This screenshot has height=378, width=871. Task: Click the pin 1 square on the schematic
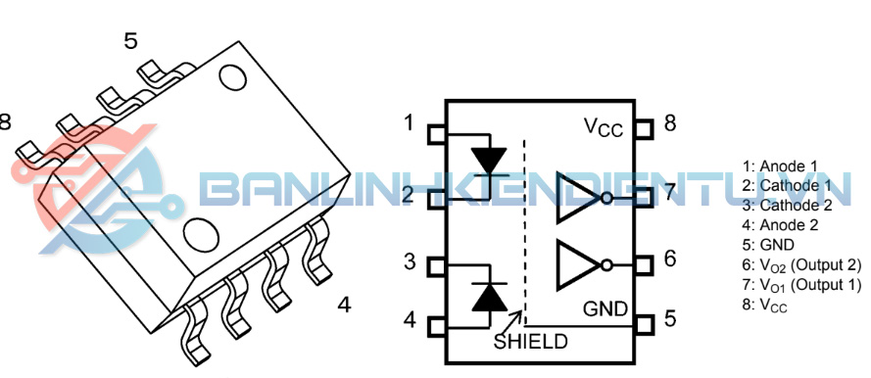pos(436,134)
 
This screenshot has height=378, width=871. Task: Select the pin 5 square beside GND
pos(644,324)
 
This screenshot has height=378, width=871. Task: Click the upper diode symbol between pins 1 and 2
pos(488,162)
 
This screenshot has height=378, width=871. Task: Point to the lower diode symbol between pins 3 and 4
pos(489,297)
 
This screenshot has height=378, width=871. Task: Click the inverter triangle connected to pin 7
pos(579,198)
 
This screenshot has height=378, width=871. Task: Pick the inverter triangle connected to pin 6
pos(579,264)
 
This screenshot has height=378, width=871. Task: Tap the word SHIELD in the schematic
pos(530,341)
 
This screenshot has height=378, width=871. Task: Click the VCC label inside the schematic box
pos(604,127)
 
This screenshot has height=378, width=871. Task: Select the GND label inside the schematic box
pos(605,308)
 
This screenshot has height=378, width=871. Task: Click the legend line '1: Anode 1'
pos(780,165)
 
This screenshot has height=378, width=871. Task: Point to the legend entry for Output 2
pos(801,265)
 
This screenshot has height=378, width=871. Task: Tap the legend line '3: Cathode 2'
pos(787,206)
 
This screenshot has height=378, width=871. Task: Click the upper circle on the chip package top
pos(233,77)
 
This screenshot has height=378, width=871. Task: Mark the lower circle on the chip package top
pos(201,234)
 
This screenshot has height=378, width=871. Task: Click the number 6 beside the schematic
pos(670,259)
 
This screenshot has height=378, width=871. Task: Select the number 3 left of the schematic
pos(410,260)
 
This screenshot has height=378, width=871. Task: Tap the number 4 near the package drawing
pos(345,305)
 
